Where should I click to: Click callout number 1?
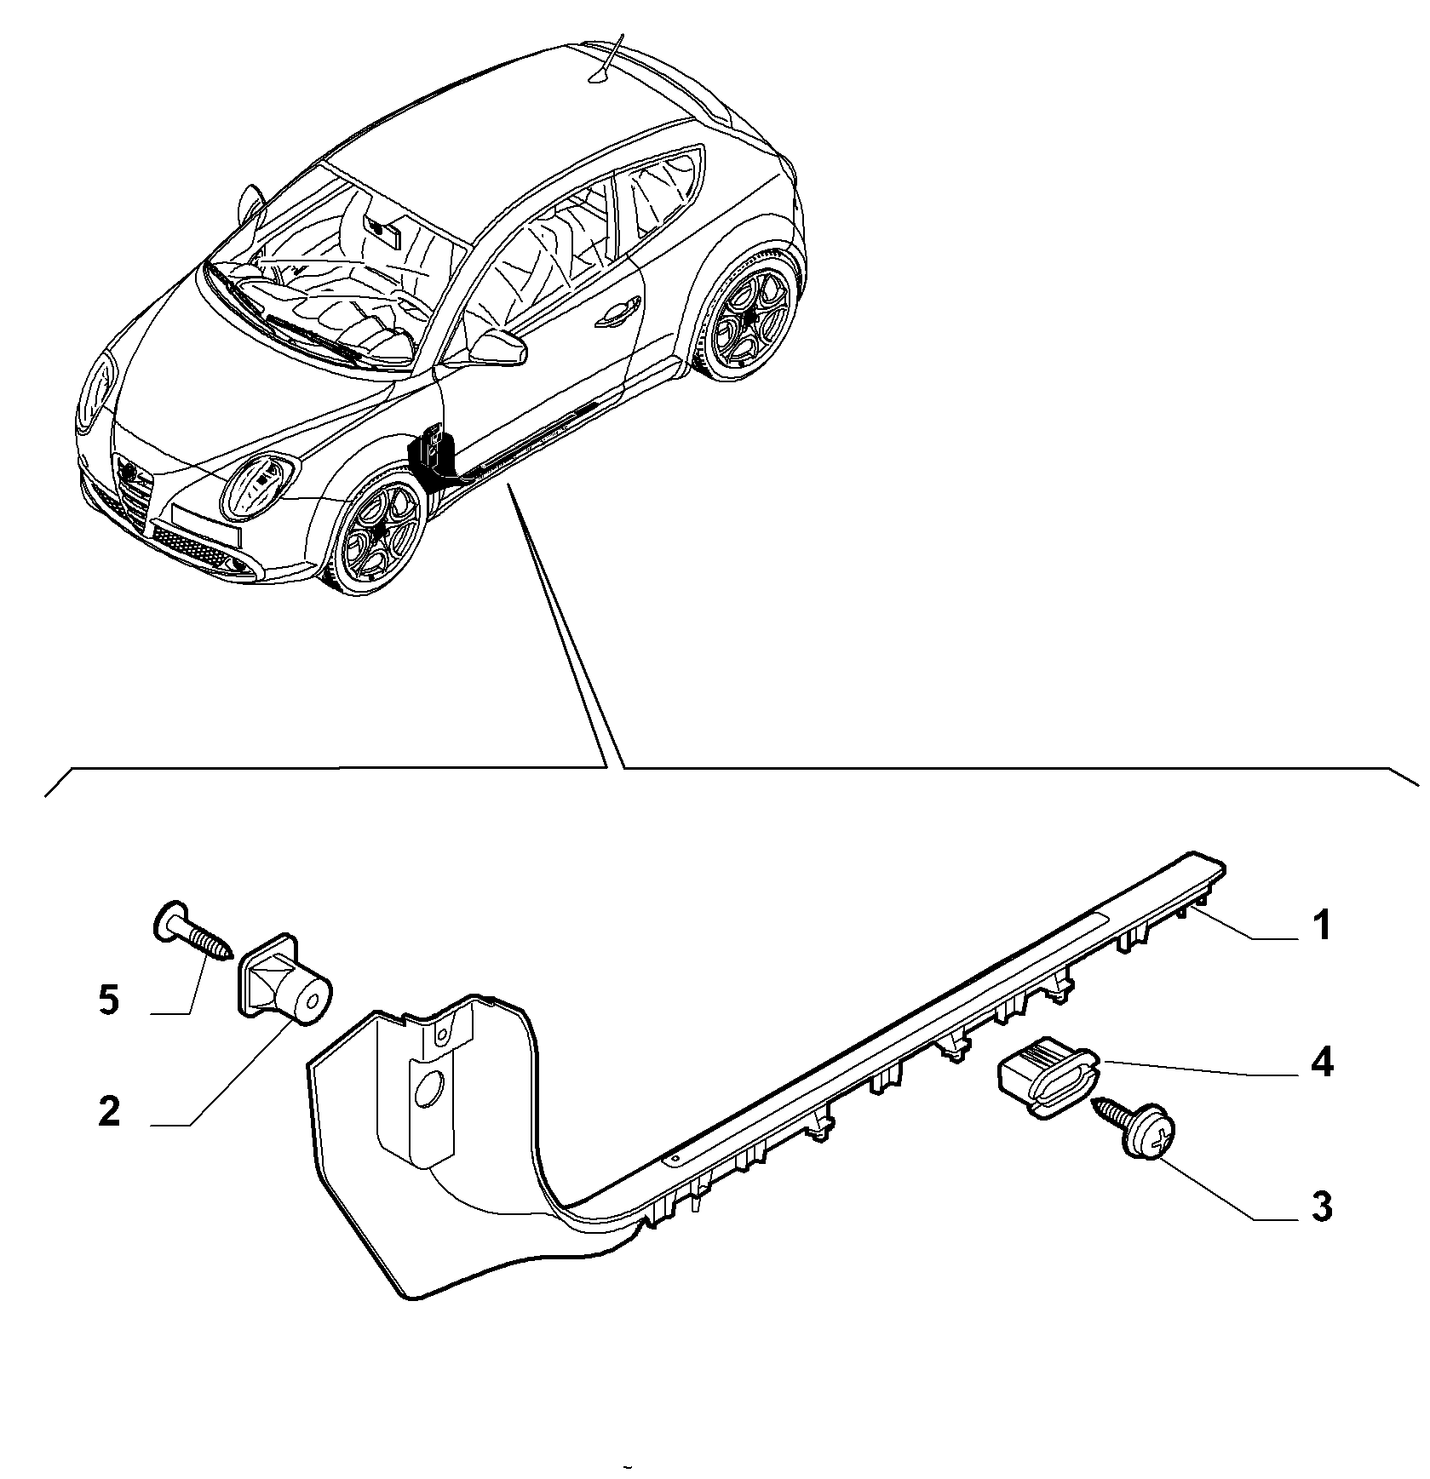point(1320,926)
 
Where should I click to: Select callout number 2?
point(109,1112)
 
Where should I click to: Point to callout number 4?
point(1321,1064)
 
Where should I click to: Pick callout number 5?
point(109,1000)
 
